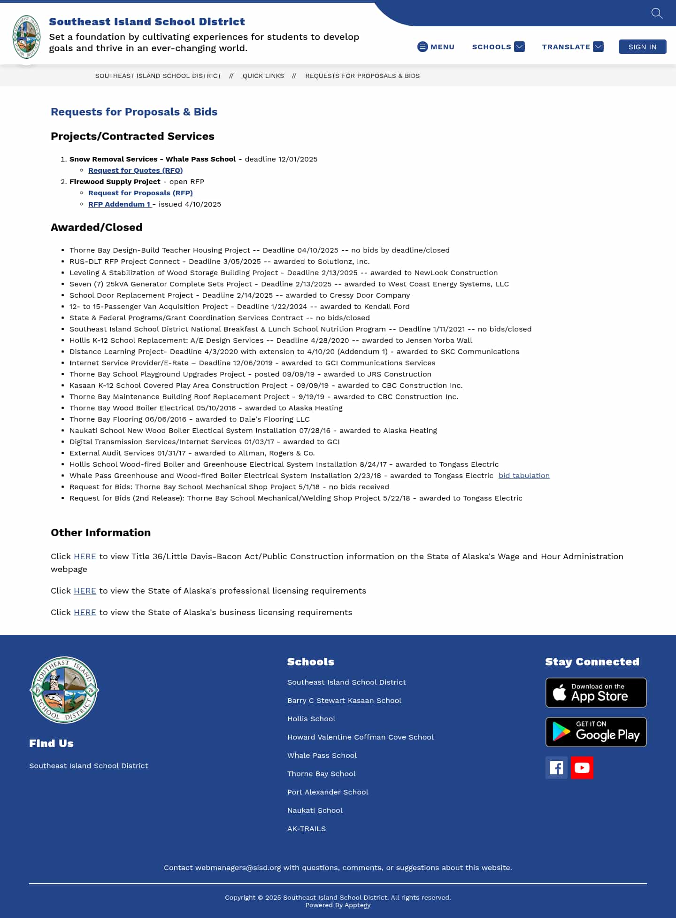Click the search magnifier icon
(657, 13)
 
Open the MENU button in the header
(436, 47)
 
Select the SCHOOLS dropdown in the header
(498, 47)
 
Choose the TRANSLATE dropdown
(572, 47)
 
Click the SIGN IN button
(642, 47)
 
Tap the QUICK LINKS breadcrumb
(263, 76)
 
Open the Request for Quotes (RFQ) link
(135, 170)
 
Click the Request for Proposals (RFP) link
(140, 193)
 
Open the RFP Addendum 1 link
(119, 204)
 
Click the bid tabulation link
(524, 476)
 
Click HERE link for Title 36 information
(85, 556)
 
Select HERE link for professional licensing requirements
(85, 591)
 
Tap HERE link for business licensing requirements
(85, 612)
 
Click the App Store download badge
(596, 693)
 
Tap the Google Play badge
(596, 732)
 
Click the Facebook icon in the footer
(556, 768)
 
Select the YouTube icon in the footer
(582, 768)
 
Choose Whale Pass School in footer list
(322, 756)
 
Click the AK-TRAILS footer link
(307, 829)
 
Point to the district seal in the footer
(64, 690)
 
